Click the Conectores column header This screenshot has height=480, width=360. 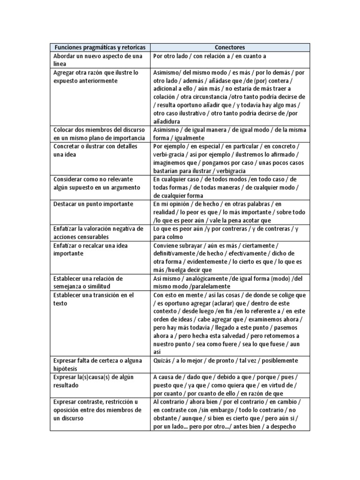click(x=230, y=48)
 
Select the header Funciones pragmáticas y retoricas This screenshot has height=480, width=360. click(x=100, y=48)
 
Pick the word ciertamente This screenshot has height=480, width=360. click(x=258, y=245)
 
